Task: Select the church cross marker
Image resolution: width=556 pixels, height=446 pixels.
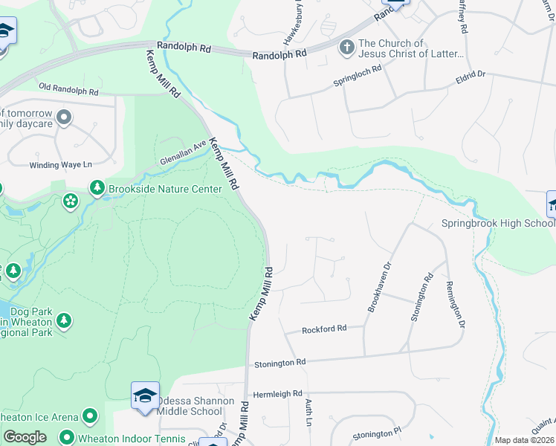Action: click(x=346, y=48)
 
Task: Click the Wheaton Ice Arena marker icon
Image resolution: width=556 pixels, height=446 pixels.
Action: click(x=90, y=416)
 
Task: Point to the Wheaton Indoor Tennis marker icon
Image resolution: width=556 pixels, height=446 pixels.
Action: click(x=67, y=438)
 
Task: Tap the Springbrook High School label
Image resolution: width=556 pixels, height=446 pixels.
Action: click(x=498, y=223)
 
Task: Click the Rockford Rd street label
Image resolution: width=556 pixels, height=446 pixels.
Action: click(x=324, y=329)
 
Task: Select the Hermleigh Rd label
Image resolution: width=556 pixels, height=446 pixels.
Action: click(x=277, y=393)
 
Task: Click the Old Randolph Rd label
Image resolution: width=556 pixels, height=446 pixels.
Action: click(x=68, y=91)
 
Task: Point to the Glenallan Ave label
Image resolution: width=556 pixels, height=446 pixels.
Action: click(x=183, y=155)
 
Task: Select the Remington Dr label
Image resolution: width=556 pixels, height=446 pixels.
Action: click(x=454, y=305)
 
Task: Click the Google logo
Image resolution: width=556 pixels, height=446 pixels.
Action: click(x=25, y=437)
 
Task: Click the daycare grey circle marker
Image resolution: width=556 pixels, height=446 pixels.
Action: click(x=64, y=117)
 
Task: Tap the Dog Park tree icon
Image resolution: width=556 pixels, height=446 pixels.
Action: click(x=64, y=320)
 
